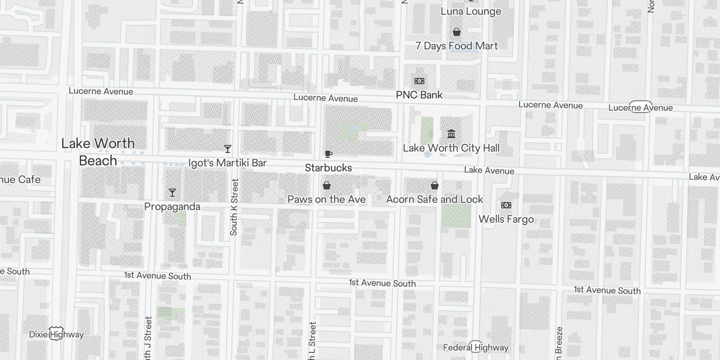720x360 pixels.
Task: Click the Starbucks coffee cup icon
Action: pyautogui.click(x=328, y=154)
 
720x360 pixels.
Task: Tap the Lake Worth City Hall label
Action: pyautogui.click(x=451, y=148)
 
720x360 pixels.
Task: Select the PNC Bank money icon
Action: pyautogui.click(x=419, y=81)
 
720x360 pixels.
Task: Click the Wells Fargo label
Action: pyautogui.click(x=506, y=219)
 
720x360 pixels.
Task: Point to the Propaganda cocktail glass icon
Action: pyautogui.click(x=172, y=193)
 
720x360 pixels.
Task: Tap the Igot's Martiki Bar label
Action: pyautogui.click(x=227, y=163)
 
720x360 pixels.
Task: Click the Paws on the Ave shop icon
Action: pyautogui.click(x=327, y=185)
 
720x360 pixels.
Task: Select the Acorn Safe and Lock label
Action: pyautogui.click(x=434, y=199)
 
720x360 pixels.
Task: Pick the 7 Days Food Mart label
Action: pyautogui.click(x=456, y=46)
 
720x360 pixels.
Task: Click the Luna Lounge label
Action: pyautogui.click(x=471, y=12)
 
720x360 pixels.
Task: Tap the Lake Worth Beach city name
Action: pyautogui.click(x=98, y=152)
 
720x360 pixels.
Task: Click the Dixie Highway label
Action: pyautogui.click(x=56, y=334)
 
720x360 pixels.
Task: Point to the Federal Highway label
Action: pyautogui.click(x=476, y=347)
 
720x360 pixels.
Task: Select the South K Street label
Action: pyautogui.click(x=234, y=207)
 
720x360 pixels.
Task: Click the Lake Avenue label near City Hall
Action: pyautogui.click(x=489, y=170)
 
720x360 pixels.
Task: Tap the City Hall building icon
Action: pyautogui.click(x=451, y=134)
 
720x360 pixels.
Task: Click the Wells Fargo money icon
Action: pyautogui.click(x=506, y=205)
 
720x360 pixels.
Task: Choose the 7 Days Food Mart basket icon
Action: pyautogui.click(x=456, y=32)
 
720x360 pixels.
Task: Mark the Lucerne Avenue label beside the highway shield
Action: pyautogui.click(x=640, y=108)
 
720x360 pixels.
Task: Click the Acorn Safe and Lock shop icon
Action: pyautogui.click(x=434, y=185)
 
